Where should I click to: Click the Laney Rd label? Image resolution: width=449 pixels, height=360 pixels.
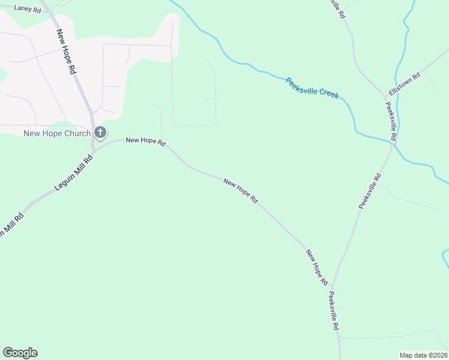(28, 10)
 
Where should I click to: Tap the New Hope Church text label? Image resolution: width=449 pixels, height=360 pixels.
(57, 133)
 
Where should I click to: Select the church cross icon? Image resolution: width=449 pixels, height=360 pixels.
(100, 133)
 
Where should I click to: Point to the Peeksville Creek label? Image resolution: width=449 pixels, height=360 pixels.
(312, 88)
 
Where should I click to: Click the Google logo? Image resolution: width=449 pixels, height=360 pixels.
(20, 353)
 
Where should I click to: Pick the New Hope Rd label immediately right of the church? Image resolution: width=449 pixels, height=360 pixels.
(145, 141)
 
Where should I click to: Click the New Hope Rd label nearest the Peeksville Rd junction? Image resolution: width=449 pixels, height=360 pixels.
(316, 268)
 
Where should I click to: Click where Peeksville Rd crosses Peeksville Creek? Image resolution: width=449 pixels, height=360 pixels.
(394, 141)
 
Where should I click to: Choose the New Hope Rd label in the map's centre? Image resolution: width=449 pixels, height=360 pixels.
(240, 191)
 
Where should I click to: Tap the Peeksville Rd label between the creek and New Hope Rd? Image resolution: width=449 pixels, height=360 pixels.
(370, 191)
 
